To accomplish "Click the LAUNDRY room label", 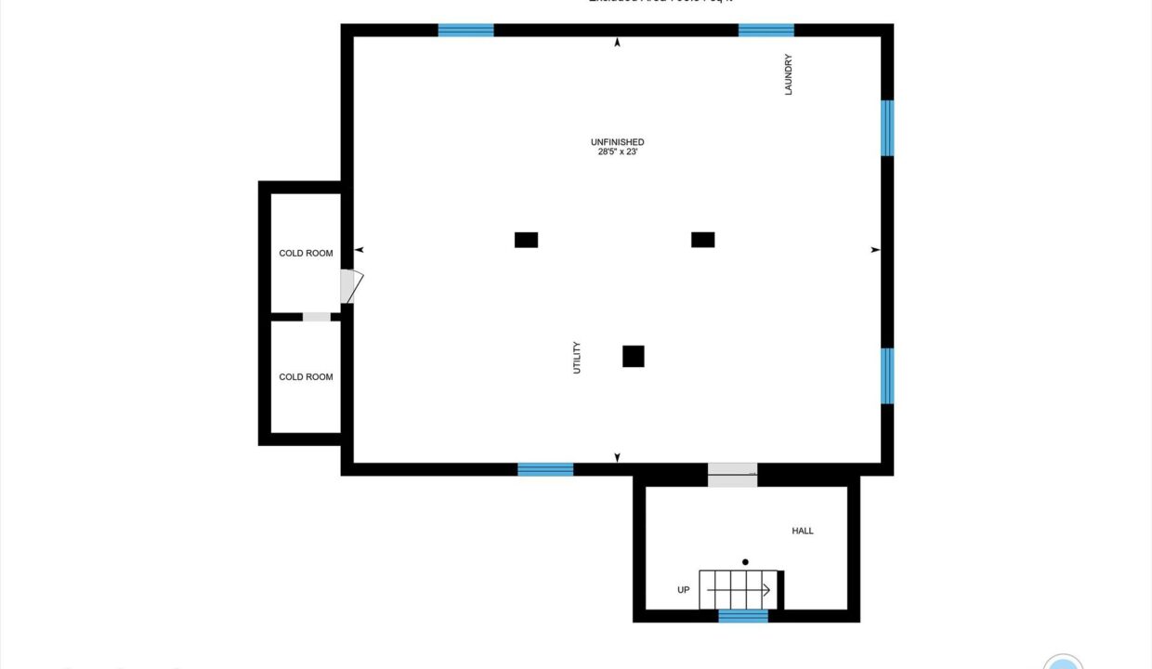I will tap(788, 74).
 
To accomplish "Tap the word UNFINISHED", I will tap(617, 142).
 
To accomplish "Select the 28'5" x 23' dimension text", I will tap(617, 152).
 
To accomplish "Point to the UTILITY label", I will tap(577, 358).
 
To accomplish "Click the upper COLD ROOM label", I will tap(306, 253).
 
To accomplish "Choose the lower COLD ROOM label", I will tap(306, 376).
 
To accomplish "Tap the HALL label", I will tap(803, 531).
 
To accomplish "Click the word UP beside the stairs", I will tap(683, 590).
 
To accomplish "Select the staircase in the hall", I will tap(738, 590).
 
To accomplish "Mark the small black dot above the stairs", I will tap(745, 562).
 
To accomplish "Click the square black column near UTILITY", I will tap(633, 356).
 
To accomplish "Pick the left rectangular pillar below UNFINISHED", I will tap(526, 240).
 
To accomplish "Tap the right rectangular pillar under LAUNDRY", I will tap(702, 240).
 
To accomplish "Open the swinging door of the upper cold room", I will tap(350, 286).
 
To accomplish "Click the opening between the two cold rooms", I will tap(317, 317).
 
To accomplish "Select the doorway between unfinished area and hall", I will tap(732, 474).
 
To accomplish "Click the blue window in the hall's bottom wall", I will tap(743, 616).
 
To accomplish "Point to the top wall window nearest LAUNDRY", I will tap(766, 30).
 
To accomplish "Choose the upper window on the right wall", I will tap(887, 127).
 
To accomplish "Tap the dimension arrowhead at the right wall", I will tap(874, 250).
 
